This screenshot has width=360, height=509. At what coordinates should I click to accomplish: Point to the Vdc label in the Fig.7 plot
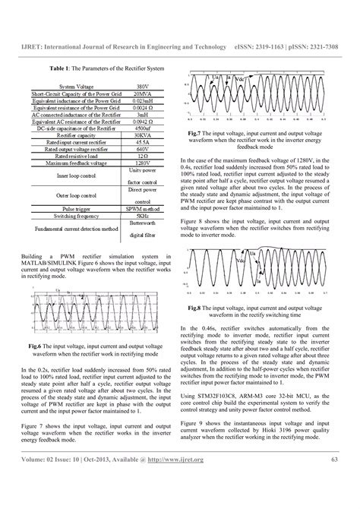click(238, 80)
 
